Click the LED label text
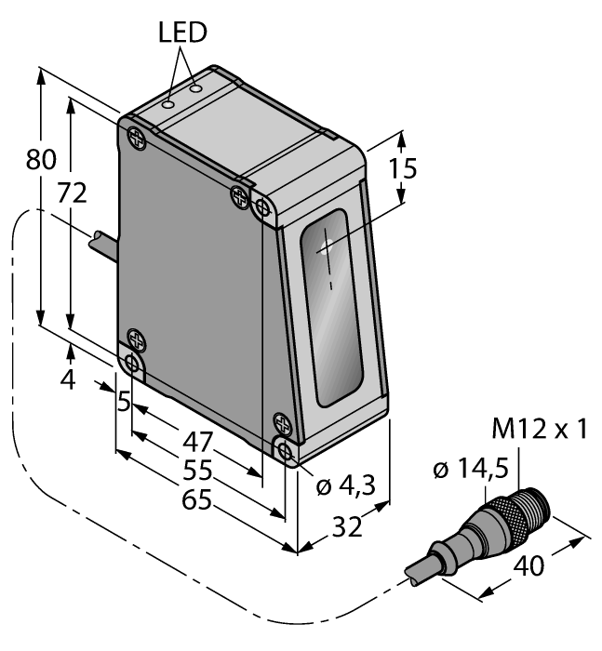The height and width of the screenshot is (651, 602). (182, 33)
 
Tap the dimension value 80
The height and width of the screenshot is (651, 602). (42, 160)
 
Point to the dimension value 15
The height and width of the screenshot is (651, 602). (403, 169)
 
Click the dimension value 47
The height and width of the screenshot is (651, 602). (197, 441)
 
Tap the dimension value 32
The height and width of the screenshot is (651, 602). (348, 527)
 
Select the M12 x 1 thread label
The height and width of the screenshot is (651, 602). (541, 430)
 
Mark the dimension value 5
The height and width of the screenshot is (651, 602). (123, 404)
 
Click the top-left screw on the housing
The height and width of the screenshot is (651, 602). (136, 139)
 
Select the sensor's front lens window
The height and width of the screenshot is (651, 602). (331, 307)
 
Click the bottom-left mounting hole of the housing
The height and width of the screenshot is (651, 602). (132, 363)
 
